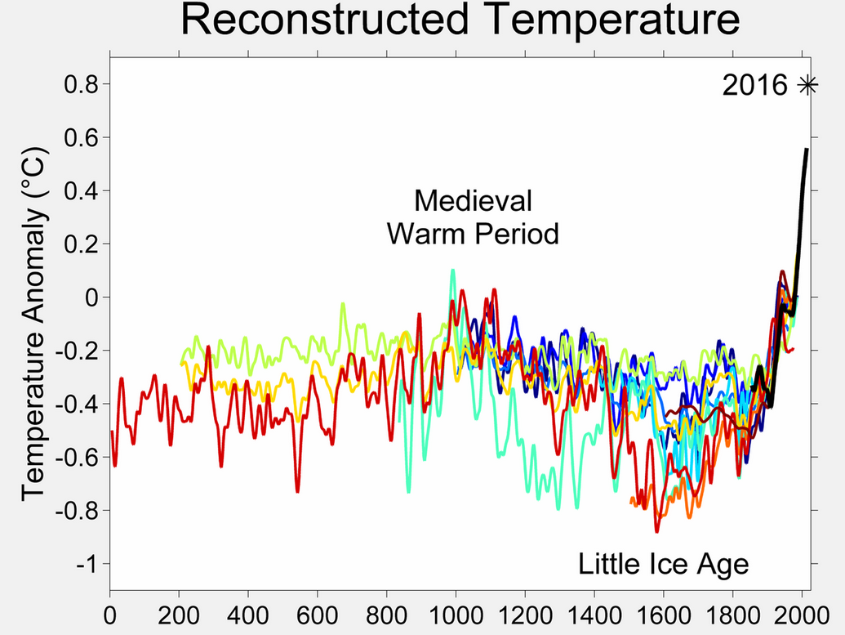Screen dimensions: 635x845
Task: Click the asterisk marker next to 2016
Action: click(807, 85)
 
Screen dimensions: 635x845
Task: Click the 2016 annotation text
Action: click(755, 86)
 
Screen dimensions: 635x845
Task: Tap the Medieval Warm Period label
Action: click(473, 217)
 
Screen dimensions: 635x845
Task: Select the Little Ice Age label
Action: click(663, 564)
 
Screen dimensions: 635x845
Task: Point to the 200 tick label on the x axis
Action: click(179, 613)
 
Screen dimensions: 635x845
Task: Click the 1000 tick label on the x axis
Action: click(456, 613)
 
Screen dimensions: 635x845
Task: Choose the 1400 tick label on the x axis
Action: click(594, 613)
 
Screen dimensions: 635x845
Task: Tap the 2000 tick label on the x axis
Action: click(802, 613)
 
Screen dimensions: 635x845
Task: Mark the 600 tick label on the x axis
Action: click(318, 613)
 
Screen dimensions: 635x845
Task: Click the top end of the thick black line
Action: click(807, 150)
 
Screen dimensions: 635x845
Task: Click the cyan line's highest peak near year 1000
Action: click(452, 270)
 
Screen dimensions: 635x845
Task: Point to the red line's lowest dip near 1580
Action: click(656, 531)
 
